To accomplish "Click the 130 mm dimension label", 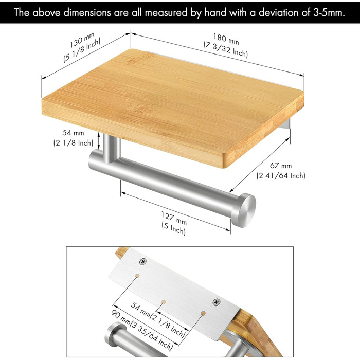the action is (82, 41).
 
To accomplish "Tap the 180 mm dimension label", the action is (226, 39).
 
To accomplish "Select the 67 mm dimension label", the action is (281, 165).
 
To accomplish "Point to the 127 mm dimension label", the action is (174, 219).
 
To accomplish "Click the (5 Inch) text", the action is (174, 228).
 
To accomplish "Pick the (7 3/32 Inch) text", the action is (226, 49).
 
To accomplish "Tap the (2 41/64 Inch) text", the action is (281, 176).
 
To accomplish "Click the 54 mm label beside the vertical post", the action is (73, 133).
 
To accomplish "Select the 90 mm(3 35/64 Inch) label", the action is (142, 330).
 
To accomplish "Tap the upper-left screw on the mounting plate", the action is (143, 261).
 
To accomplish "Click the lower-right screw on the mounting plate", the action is (217, 302).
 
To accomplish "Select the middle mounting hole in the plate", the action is (163, 302).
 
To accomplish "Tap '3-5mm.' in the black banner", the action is (329, 12).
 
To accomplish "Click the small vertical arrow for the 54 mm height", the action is (99, 140).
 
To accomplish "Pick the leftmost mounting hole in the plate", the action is (137, 276).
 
